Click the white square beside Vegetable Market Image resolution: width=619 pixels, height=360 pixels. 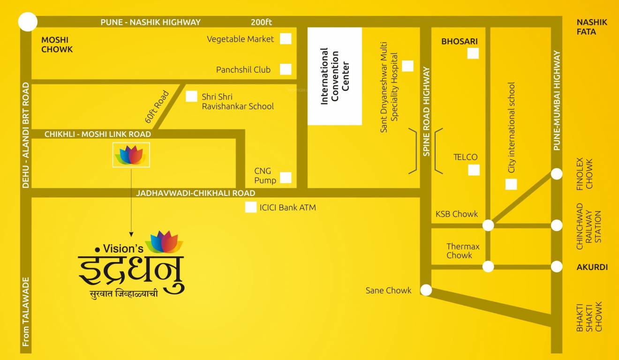tap(286, 39)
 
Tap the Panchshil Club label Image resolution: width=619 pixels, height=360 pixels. tap(243, 70)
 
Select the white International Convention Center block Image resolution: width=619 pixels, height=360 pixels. tap(334, 76)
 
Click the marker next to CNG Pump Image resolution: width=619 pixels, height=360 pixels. tap(286, 178)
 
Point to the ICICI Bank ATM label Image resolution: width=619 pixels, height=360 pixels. tap(287, 207)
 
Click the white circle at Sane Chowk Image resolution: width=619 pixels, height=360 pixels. tap(426, 290)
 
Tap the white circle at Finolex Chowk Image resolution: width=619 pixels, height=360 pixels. tap(556, 174)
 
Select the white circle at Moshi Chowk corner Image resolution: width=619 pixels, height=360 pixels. tap(27, 22)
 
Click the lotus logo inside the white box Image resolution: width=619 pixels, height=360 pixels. tap(131, 155)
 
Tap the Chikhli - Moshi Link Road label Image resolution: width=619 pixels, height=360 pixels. tap(98, 135)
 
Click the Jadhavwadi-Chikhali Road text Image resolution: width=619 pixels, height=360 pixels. tap(196, 193)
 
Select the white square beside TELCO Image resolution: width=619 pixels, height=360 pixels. tap(474, 170)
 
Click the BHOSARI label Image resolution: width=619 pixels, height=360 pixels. tap(459, 42)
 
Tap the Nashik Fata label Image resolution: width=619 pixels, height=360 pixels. tap(592, 27)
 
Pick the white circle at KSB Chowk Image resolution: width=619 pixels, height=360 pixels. tap(488, 225)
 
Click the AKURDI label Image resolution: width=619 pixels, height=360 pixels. tap(592, 267)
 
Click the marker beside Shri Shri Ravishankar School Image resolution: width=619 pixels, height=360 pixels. tap(191, 97)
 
